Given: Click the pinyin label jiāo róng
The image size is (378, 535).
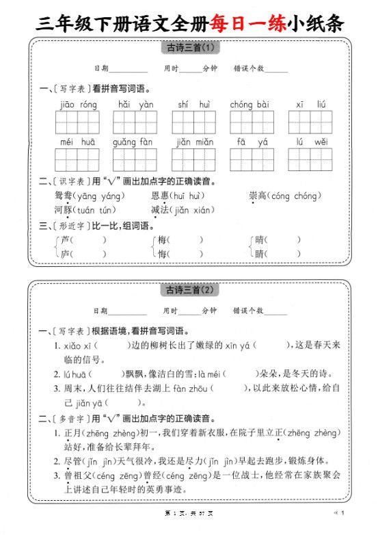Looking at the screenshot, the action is point(79,105).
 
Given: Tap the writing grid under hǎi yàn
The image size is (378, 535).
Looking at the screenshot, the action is point(136,122).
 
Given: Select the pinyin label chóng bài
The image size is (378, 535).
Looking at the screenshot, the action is point(250,105).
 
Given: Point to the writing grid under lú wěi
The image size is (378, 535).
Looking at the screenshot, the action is point(312,159).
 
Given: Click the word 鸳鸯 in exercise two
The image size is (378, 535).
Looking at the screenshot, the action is point(64,196).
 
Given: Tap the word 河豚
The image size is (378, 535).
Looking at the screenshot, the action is point(63,209).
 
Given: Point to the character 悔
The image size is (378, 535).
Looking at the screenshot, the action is point(163,255).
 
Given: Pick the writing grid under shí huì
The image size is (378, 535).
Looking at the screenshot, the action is point(193,122).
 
